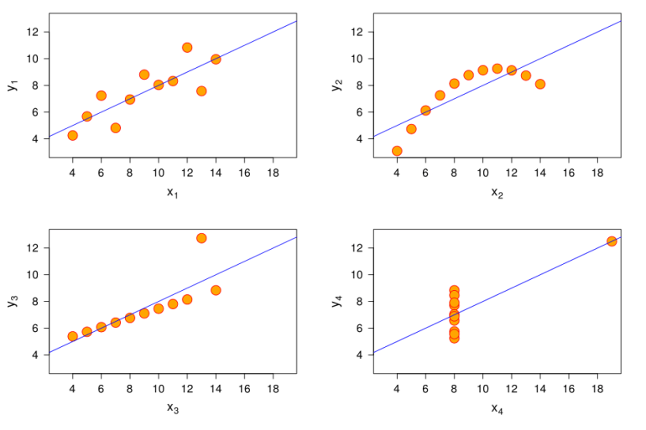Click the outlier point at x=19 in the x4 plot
tap(612, 241)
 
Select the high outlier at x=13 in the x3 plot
tap(201, 238)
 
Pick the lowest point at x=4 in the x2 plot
tap(397, 151)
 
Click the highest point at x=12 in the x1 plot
tap(187, 48)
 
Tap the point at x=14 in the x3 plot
tap(216, 290)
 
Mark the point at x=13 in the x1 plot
tap(201, 91)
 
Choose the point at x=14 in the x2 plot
tap(540, 84)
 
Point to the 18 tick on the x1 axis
tap(273, 174)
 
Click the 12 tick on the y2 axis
tap(357, 32)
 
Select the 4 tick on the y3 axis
tap(34, 355)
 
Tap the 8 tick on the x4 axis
tap(454, 389)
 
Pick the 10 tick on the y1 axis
tap(32, 59)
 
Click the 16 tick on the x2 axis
tap(569, 174)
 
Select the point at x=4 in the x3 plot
tap(72, 336)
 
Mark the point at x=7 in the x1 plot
tap(115, 128)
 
